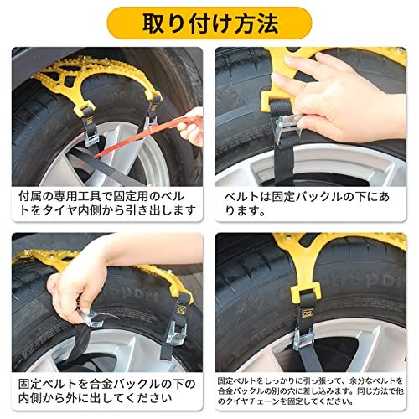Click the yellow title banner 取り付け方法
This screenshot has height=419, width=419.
coord(209,23)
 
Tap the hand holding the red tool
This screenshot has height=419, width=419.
coord(191,123)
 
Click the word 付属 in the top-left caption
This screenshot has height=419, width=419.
coord(30,195)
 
